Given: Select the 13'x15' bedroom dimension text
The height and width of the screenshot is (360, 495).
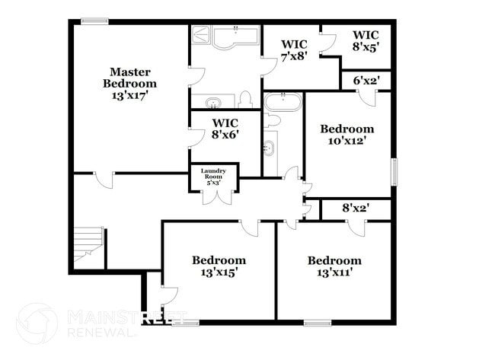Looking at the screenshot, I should click(x=219, y=272).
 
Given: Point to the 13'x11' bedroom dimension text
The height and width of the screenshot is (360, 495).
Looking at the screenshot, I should click(x=334, y=272).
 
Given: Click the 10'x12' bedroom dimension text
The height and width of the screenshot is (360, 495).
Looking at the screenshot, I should click(x=346, y=141).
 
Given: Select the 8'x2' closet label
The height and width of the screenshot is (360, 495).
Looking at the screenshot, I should click(x=356, y=206).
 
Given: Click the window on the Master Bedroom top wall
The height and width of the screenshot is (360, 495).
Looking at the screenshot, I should click(x=94, y=21).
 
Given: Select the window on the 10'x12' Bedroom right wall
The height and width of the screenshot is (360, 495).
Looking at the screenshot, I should click(x=394, y=170).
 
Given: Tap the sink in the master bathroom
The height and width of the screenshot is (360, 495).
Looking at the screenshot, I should click(x=211, y=102).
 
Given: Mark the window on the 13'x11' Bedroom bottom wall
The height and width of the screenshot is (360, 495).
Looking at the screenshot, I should click(x=318, y=323).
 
